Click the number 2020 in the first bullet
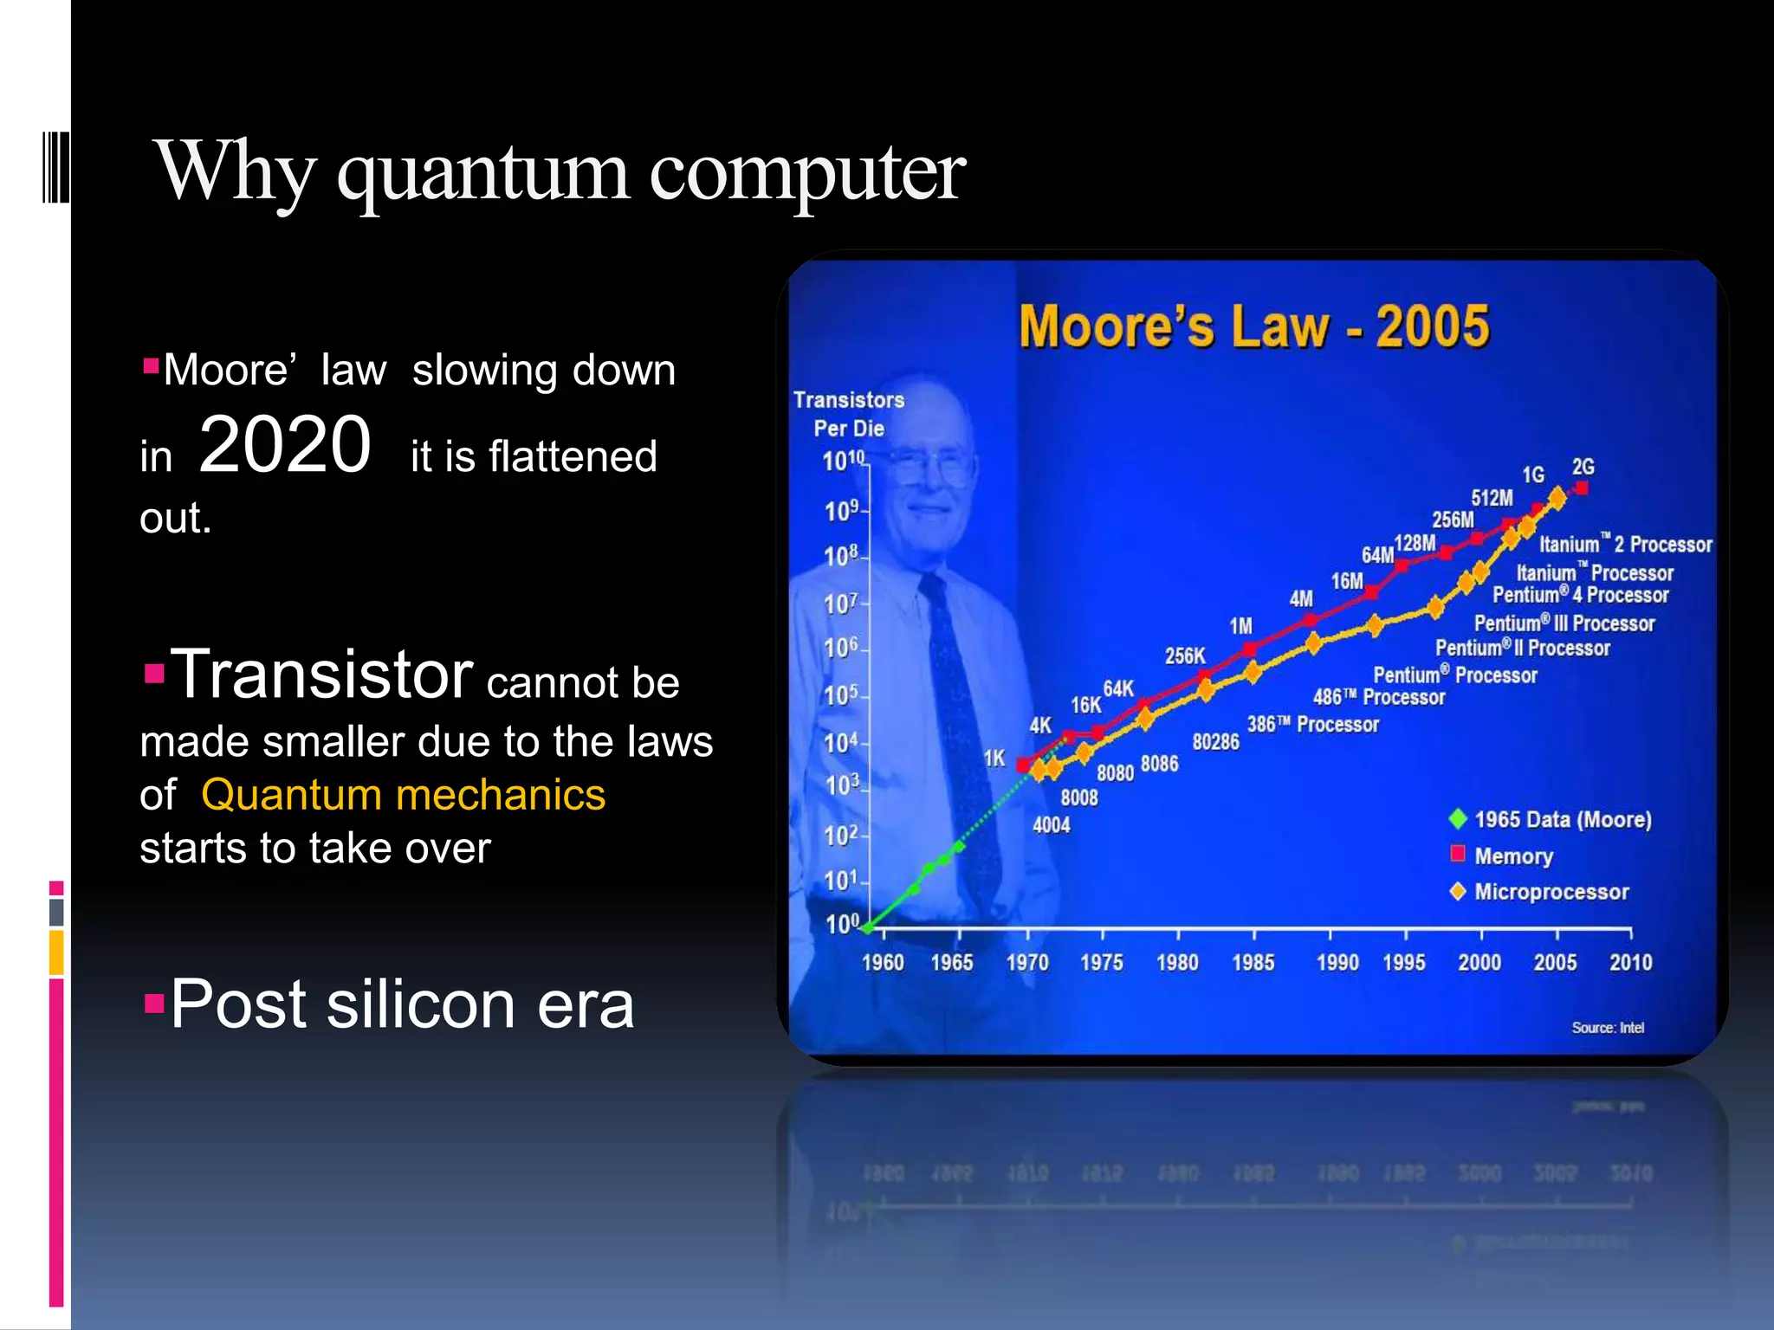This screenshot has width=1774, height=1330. click(x=285, y=445)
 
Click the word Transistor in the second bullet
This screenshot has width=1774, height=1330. click(x=321, y=675)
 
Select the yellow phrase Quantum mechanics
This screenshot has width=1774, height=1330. click(x=403, y=795)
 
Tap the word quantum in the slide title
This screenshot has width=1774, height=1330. click(x=482, y=172)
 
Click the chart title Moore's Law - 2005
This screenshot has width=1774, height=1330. click(x=1253, y=326)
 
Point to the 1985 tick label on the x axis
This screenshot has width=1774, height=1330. click(x=1253, y=962)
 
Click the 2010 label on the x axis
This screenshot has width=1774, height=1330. click(x=1630, y=962)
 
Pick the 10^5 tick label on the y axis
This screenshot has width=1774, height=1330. click(x=840, y=694)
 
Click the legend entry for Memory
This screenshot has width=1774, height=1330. click(x=1512, y=856)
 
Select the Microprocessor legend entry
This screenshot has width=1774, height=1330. click(x=1551, y=892)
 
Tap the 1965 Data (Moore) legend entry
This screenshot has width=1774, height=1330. click(x=1562, y=819)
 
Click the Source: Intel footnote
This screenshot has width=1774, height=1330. click(x=1607, y=1028)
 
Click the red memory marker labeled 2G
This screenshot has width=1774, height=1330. click(x=1582, y=488)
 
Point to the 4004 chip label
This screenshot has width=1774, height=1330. click(x=1051, y=825)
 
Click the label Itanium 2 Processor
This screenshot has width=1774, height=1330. click(x=1625, y=545)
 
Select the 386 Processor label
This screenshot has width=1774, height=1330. click(x=1312, y=724)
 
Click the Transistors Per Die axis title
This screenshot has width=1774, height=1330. click(x=849, y=414)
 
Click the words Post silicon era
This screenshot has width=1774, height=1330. click(x=402, y=1004)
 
